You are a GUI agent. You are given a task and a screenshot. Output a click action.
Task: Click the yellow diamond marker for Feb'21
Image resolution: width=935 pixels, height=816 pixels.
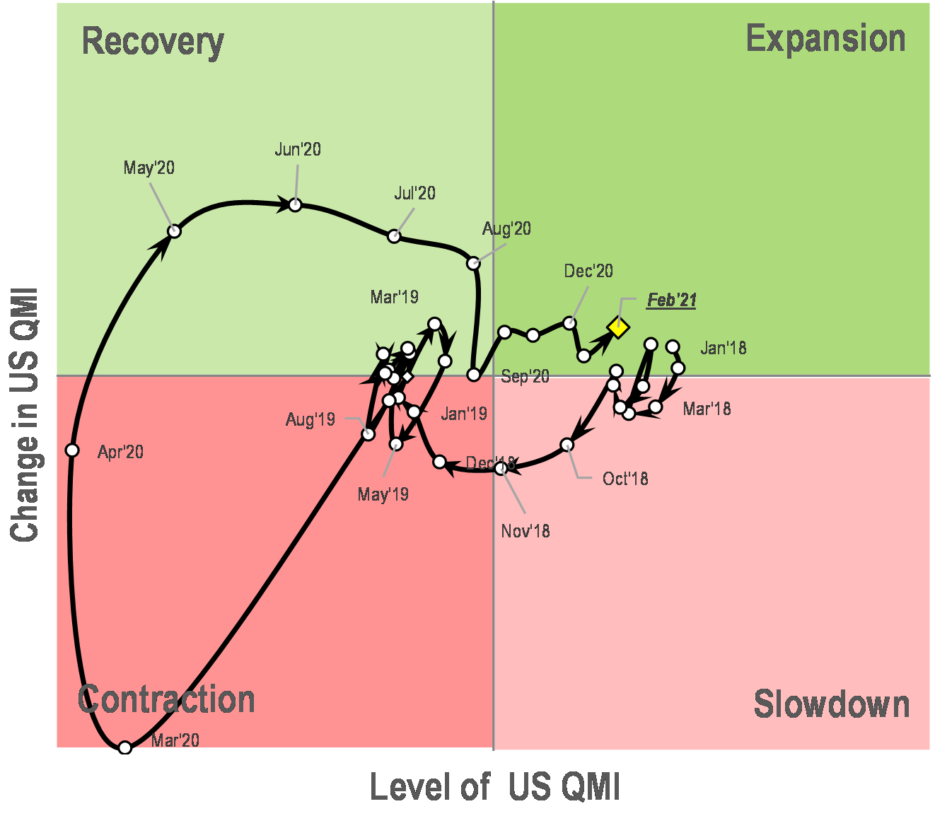click(618, 327)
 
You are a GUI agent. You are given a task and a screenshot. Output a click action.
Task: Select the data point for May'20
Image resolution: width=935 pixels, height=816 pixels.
click(174, 231)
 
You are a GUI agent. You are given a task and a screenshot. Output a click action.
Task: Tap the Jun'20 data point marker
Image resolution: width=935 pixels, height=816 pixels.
click(296, 205)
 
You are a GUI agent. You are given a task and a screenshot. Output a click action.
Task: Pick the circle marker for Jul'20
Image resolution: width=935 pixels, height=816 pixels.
click(395, 236)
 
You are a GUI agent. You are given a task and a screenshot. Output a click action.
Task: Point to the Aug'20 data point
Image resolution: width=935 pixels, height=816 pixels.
click(473, 263)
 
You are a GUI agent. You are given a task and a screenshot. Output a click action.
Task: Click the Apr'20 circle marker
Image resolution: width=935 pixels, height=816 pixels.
click(72, 450)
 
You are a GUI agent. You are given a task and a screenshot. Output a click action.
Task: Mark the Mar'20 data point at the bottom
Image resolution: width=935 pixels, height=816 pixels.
click(125, 747)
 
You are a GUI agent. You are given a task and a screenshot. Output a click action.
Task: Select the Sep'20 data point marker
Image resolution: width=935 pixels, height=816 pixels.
click(474, 375)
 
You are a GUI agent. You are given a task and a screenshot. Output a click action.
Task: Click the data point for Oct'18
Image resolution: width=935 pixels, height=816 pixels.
click(567, 445)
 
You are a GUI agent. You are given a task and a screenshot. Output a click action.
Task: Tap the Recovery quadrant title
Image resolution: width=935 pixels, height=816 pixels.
click(153, 41)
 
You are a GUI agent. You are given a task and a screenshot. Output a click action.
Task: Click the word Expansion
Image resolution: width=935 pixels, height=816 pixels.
click(825, 38)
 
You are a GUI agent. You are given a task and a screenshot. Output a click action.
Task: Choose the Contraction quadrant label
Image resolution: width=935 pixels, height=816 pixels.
click(166, 699)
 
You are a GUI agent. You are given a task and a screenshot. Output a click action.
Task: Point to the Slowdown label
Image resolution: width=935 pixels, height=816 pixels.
click(831, 704)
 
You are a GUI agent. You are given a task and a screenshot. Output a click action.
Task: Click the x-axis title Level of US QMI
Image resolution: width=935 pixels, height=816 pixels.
click(494, 787)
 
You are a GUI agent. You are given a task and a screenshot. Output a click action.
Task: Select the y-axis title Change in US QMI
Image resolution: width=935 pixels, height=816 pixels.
click(24, 414)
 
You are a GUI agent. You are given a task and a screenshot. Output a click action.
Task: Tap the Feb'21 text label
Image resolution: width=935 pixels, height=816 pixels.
click(671, 301)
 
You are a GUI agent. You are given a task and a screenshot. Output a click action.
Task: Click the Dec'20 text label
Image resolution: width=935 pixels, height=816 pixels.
click(588, 271)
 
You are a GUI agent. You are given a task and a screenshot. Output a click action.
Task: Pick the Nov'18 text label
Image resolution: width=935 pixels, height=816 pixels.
click(525, 531)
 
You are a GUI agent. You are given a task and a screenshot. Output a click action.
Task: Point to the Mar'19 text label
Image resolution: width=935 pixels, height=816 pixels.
click(394, 297)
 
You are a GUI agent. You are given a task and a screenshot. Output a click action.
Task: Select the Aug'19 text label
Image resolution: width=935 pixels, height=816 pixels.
click(310, 419)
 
